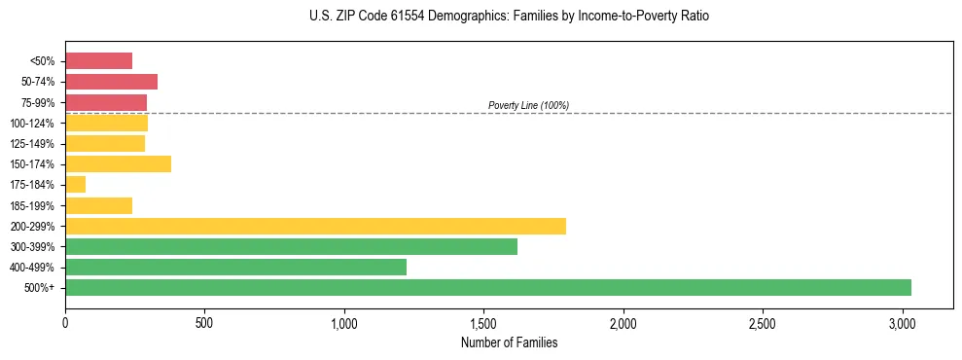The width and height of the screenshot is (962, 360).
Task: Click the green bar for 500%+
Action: pos(487,288)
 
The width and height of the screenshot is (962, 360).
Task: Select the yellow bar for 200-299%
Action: pos(315,227)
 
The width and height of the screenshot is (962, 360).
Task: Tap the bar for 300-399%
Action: pos(291,247)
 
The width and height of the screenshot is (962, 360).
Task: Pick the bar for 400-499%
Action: pos(235,268)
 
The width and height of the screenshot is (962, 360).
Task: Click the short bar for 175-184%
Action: pos(75,185)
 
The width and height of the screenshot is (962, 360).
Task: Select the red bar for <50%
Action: pos(98,61)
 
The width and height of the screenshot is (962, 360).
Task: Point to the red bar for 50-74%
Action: pos(111,82)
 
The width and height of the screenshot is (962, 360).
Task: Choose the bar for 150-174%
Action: pos(118,164)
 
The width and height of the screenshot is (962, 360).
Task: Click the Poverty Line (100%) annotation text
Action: pos(528,105)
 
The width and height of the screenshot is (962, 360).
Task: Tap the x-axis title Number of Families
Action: pos(509,342)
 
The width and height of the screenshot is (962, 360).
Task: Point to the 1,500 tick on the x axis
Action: pos(483,322)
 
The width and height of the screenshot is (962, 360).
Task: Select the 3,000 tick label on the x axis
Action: pos(902,322)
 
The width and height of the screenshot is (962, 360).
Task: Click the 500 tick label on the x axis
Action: pos(204,322)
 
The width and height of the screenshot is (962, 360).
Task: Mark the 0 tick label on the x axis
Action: pos(65,322)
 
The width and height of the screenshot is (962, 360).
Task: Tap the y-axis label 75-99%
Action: pos(44,103)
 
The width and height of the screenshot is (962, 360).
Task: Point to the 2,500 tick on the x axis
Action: pos(763,322)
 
